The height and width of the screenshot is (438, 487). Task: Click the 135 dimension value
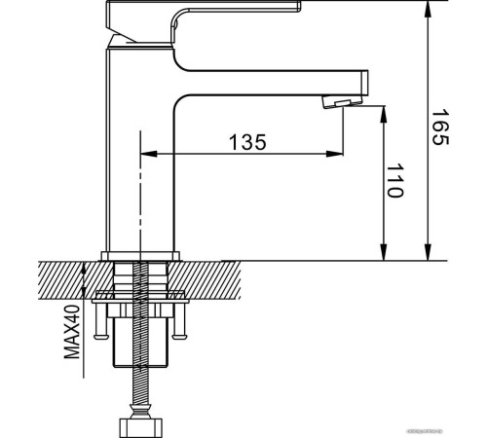click(247, 141)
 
